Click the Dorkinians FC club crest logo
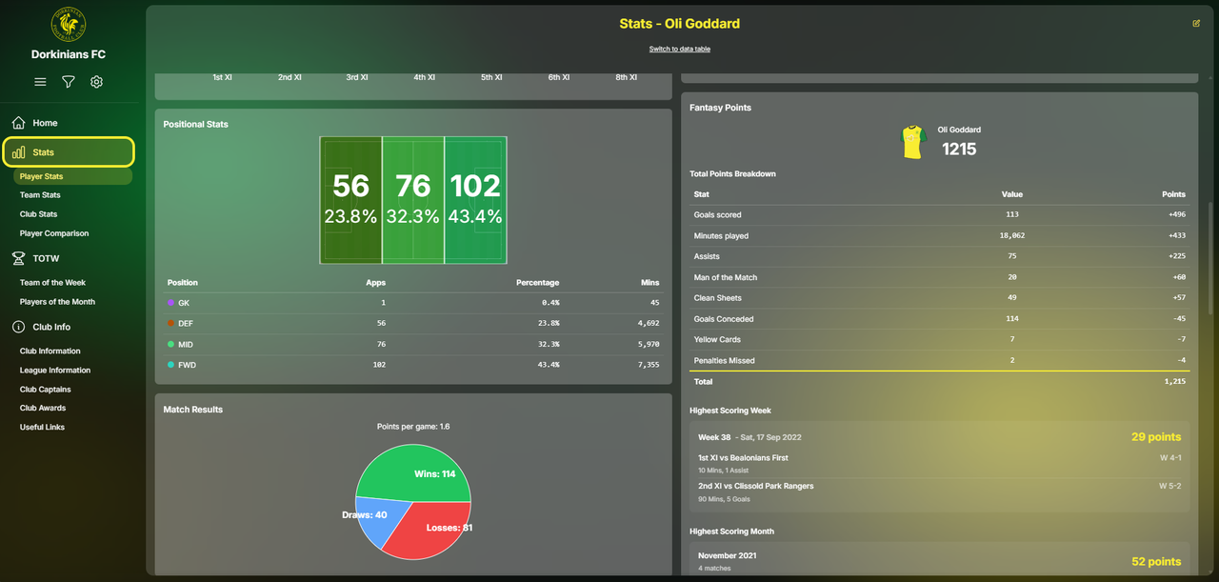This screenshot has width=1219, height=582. [x=69, y=24]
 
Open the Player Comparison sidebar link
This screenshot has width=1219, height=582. [x=54, y=233]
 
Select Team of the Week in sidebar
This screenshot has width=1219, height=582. [x=52, y=283]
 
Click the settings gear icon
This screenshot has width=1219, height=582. [x=96, y=82]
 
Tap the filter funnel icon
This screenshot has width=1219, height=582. [x=69, y=82]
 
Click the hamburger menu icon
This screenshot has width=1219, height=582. [x=40, y=82]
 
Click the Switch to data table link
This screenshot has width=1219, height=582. [x=679, y=49]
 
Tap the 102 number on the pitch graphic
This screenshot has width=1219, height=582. [x=475, y=185]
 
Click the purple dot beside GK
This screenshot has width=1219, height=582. [x=170, y=303]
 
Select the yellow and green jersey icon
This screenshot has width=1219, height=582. [x=913, y=142]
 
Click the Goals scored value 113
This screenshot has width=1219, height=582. [x=1011, y=215]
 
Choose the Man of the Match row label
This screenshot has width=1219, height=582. [x=726, y=277]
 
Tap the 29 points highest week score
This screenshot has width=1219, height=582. [x=1155, y=437]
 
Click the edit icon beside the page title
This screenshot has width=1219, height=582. [x=1196, y=24]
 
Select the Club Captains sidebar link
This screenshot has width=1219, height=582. [x=45, y=390]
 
